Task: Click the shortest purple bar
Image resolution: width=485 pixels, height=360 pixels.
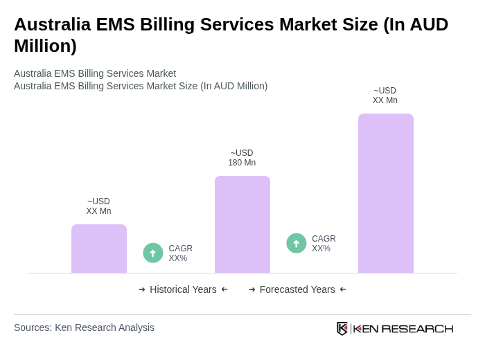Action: click(x=99, y=249)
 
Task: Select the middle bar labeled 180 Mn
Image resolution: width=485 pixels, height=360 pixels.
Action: click(x=242, y=224)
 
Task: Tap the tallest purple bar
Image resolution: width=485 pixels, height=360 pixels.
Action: click(x=385, y=193)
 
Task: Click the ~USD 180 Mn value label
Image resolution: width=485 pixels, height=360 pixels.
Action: click(x=242, y=158)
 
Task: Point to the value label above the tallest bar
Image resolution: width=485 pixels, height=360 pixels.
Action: click(x=385, y=96)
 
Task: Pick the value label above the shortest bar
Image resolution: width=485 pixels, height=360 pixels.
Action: click(x=98, y=206)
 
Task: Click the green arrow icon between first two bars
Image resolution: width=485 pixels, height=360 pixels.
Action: click(x=153, y=253)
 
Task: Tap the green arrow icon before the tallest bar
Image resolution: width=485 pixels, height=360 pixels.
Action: click(x=297, y=244)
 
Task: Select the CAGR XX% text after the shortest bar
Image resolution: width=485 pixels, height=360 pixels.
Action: click(x=180, y=253)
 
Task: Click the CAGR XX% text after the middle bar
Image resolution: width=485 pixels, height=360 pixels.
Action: click(x=324, y=244)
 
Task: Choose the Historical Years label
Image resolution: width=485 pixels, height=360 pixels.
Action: click(x=183, y=289)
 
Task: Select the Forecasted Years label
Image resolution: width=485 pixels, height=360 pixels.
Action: click(x=297, y=289)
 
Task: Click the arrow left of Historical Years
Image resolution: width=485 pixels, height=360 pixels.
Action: click(x=142, y=289)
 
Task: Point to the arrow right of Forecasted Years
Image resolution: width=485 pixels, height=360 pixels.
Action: click(x=343, y=289)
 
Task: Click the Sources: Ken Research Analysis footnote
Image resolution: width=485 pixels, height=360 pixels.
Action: click(x=84, y=327)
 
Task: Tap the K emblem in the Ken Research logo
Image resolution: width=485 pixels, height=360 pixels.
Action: click(x=342, y=328)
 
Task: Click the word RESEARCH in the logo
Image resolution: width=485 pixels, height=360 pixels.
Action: click(x=417, y=328)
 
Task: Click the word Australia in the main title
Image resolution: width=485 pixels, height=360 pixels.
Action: click(x=52, y=24)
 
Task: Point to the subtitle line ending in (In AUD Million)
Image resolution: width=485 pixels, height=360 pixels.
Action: click(x=141, y=86)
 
